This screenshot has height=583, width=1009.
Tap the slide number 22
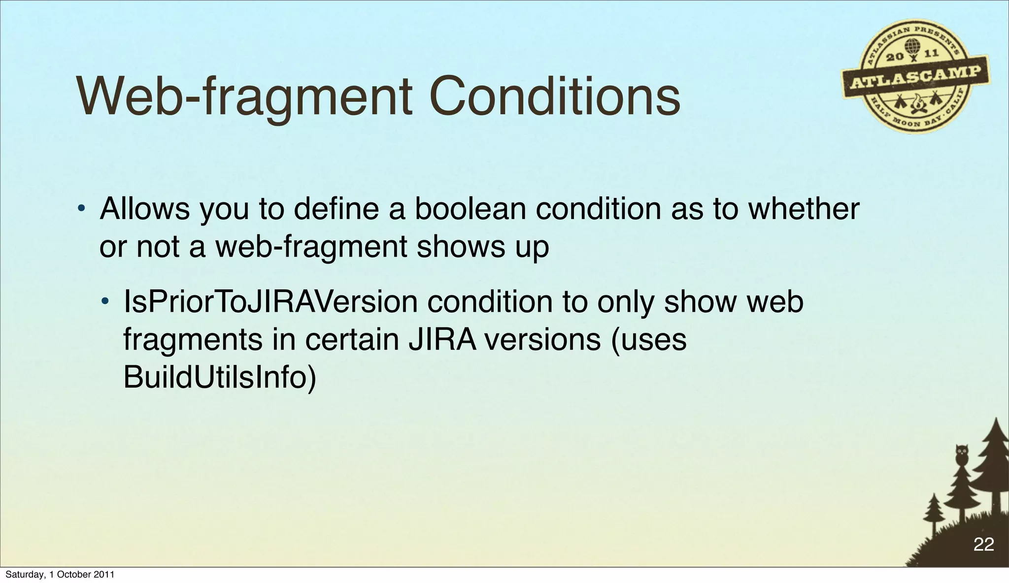(983, 545)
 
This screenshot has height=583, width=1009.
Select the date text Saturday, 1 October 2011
(60, 575)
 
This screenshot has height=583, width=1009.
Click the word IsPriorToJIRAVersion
(270, 302)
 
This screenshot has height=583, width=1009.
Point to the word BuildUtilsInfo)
(219, 378)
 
